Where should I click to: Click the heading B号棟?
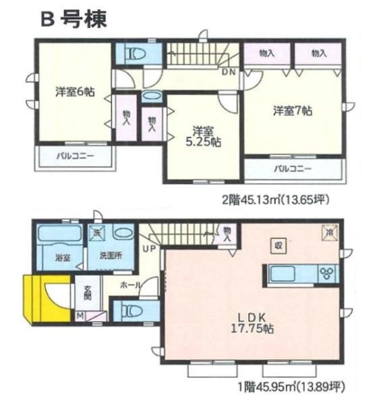tap(72, 19)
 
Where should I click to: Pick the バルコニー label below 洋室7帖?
tap(293, 168)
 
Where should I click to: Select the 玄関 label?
tap(88, 294)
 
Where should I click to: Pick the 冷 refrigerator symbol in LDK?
tap(330, 231)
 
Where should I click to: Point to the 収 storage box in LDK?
tap(277, 245)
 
